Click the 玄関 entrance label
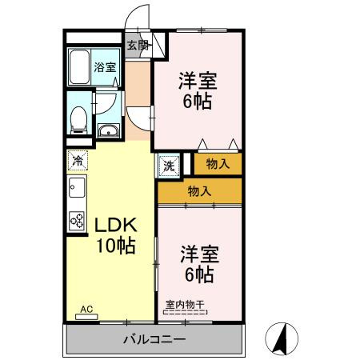pos(138,46)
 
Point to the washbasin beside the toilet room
pos(108,130)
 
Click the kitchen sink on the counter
pos(77,190)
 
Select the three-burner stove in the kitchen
pos(78,218)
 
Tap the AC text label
pos(86,309)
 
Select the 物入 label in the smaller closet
pos(218,164)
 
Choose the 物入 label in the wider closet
pos(200,190)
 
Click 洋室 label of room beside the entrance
pos(197,81)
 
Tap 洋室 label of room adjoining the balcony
pos(197,254)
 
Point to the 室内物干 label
pos(186,305)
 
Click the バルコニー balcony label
pos(154,339)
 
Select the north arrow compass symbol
pos(281,338)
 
